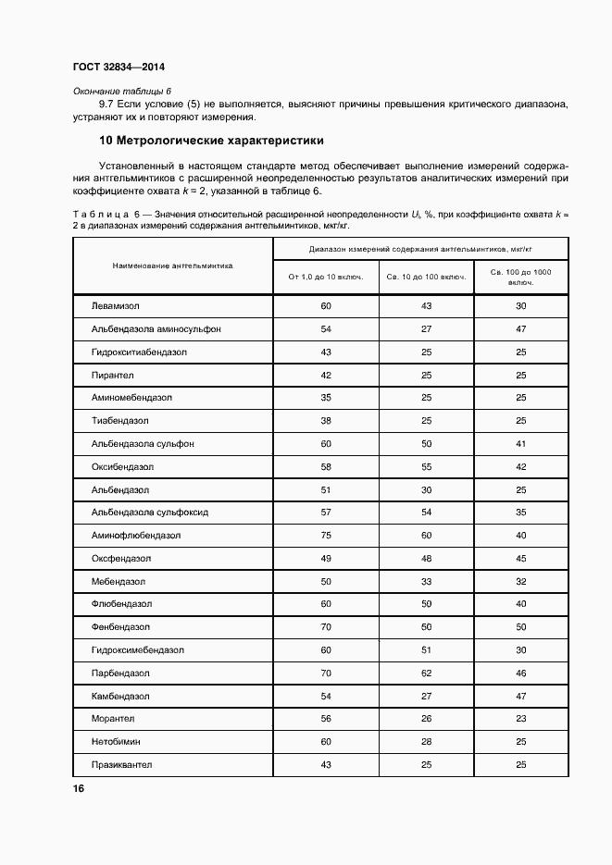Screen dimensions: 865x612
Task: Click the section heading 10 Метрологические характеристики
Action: point(211,142)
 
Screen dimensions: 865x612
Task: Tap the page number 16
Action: point(78,788)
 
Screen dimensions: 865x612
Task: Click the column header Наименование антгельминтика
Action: point(172,265)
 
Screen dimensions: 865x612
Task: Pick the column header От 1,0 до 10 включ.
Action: point(325,276)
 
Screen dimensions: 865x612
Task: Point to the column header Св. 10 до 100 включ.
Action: point(426,276)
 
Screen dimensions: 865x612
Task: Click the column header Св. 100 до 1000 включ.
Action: point(520,276)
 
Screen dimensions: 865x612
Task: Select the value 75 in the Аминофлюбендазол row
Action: point(325,536)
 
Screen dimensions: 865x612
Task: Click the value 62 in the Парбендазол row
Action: point(426,673)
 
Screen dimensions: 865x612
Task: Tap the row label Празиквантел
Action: point(121,765)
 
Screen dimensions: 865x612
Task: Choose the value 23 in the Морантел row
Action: point(520,719)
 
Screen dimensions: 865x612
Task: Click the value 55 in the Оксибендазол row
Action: point(426,466)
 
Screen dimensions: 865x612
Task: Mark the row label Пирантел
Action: point(112,375)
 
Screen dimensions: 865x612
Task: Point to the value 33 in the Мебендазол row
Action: point(426,581)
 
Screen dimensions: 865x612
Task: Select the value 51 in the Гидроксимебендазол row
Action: point(426,650)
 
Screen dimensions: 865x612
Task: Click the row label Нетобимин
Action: point(117,742)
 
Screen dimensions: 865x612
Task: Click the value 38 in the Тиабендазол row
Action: point(325,421)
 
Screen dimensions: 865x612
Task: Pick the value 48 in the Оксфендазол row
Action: point(426,559)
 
